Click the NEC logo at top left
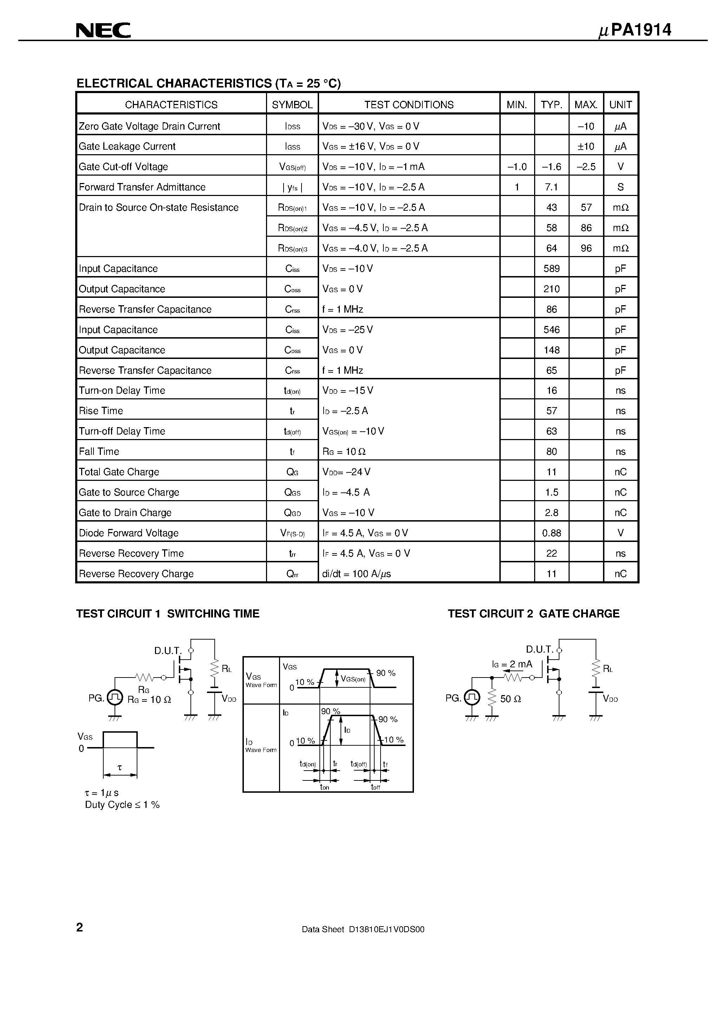[103, 31]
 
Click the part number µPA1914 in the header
[635, 30]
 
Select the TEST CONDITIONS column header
[409, 105]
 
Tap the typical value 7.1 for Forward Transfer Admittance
[551, 187]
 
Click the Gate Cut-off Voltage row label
[124, 167]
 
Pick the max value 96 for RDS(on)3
[586, 248]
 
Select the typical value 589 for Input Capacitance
[551, 268]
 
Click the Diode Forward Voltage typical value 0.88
[551, 533]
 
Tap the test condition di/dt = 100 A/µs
[356, 574]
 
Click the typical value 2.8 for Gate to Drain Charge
[551, 512]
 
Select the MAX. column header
[586, 105]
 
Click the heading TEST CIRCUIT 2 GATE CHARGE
[533, 614]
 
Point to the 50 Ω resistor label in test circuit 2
[510, 699]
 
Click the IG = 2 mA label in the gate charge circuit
[512, 664]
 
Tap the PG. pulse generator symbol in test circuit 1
[115, 697]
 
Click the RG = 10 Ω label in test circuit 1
[149, 700]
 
